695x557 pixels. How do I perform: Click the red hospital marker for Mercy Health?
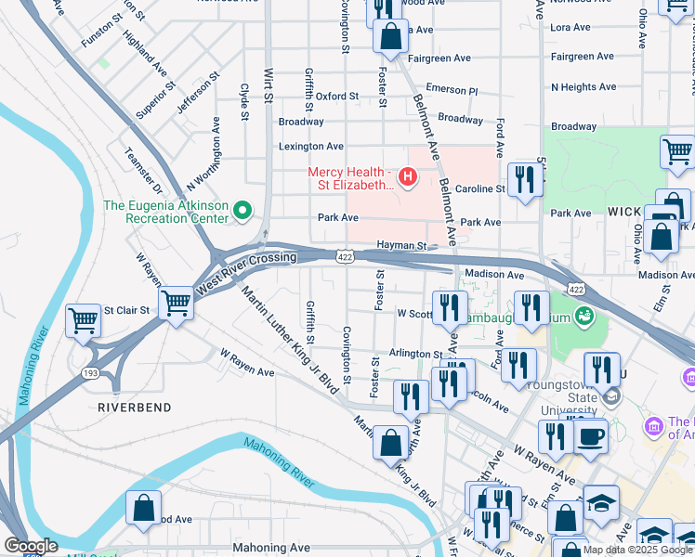point(406,175)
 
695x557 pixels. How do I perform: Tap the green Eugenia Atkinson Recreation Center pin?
point(243,212)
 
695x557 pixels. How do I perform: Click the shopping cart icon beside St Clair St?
point(84,320)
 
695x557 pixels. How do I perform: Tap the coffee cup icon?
point(590,435)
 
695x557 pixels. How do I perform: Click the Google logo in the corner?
point(31,546)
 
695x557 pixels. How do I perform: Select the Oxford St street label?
point(336,96)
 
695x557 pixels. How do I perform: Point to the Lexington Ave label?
point(311,146)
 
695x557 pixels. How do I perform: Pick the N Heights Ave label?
point(584,86)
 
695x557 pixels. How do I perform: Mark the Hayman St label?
point(400,246)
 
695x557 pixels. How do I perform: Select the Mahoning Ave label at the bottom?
point(270,548)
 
